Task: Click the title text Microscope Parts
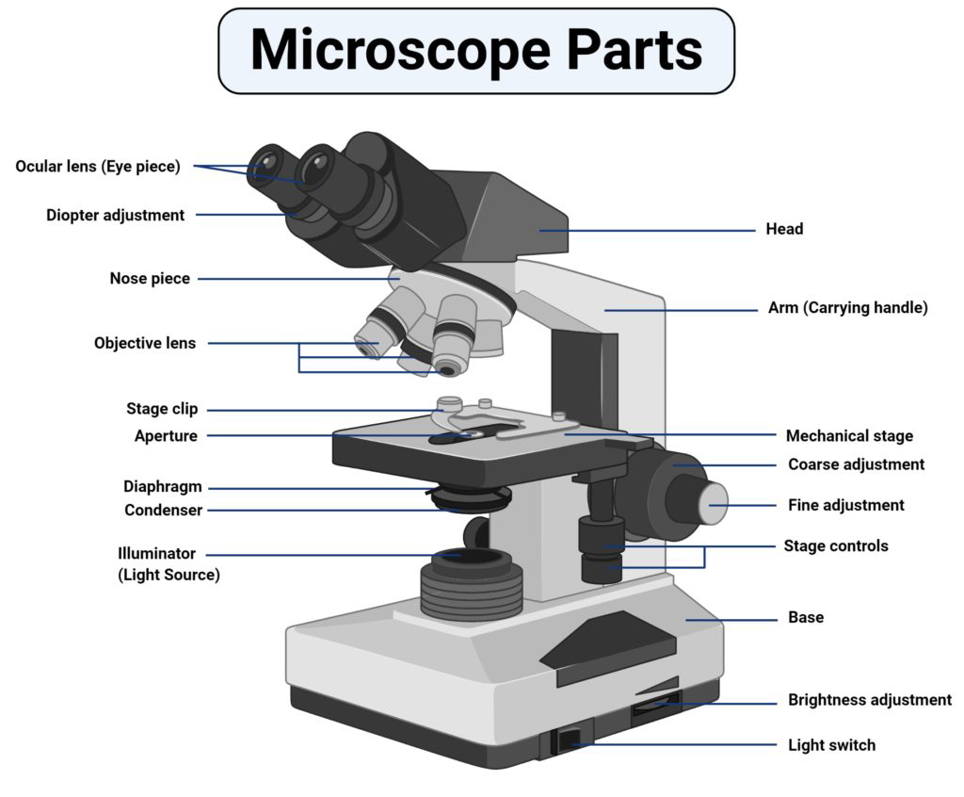click(x=475, y=51)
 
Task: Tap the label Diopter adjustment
click(x=115, y=215)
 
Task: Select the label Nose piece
click(x=150, y=279)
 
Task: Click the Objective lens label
click(x=145, y=343)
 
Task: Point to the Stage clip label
click(x=162, y=409)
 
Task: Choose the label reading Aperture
click(x=166, y=436)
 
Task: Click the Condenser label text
click(x=163, y=511)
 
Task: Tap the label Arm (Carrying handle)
click(x=847, y=308)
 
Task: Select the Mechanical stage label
click(x=849, y=436)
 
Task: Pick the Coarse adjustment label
click(x=856, y=464)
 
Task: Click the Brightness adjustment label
click(x=869, y=700)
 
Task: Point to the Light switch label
click(x=831, y=745)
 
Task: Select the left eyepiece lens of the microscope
click(x=269, y=168)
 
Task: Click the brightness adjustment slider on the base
click(x=653, y=703)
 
